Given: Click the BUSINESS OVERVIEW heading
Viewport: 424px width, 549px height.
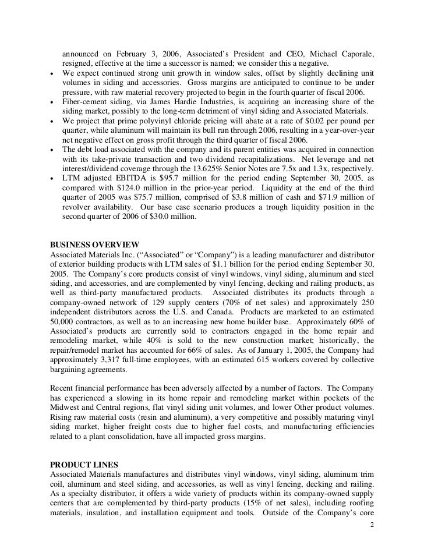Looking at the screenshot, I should [x=95, y=245].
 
